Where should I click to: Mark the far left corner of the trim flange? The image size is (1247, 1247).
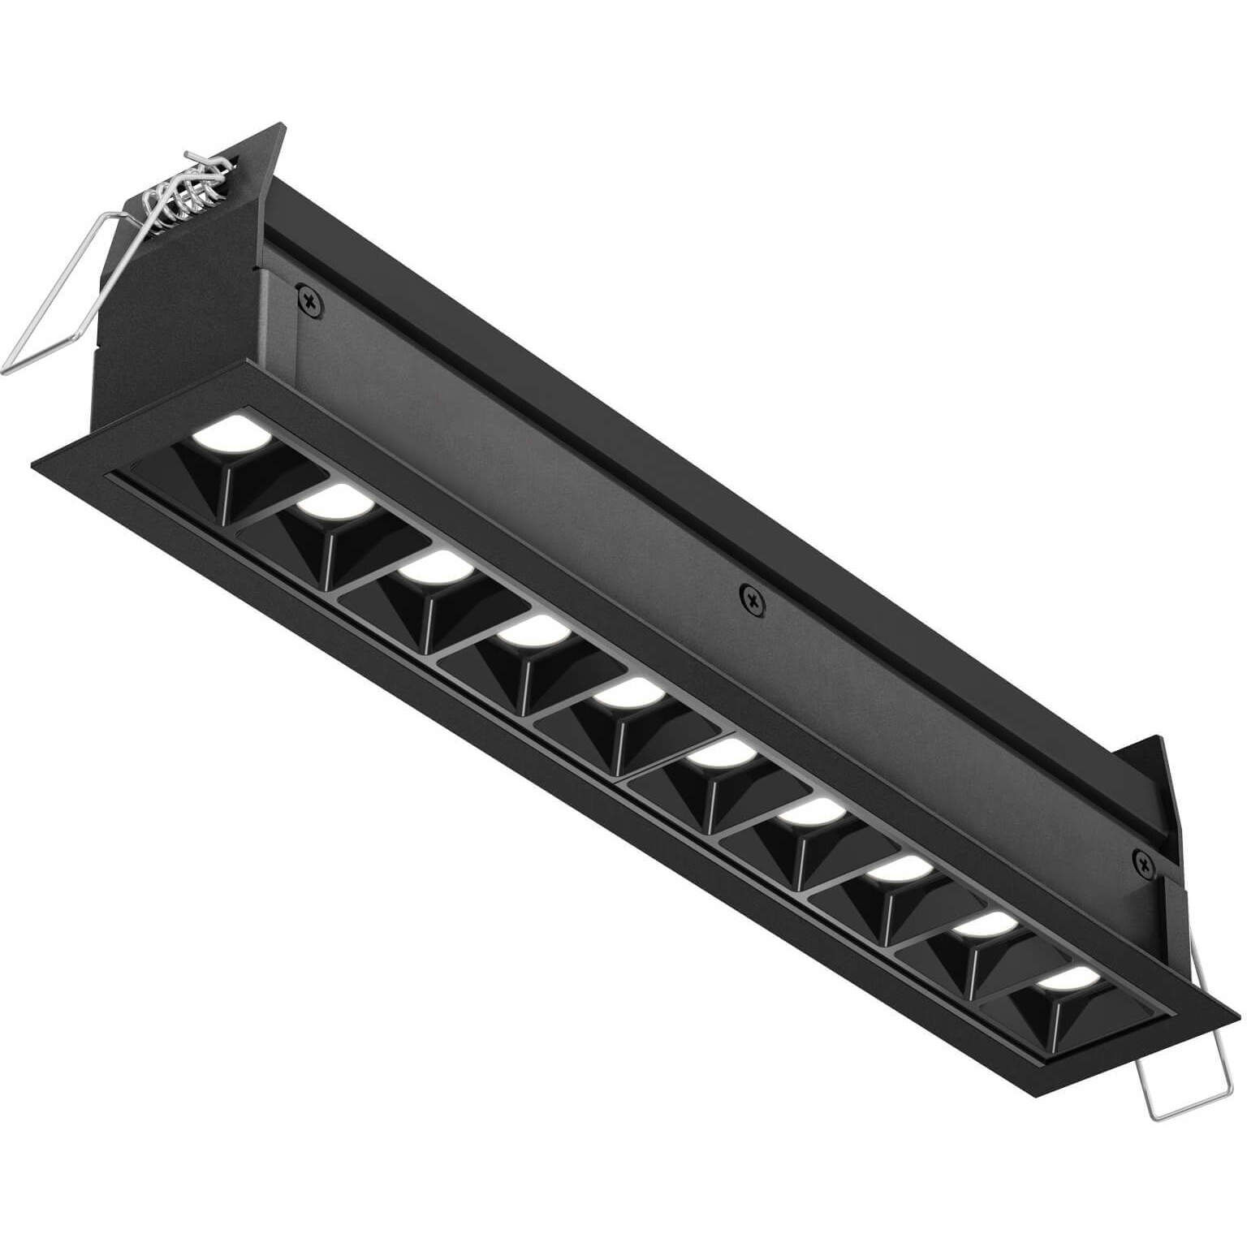coord(32,464)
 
